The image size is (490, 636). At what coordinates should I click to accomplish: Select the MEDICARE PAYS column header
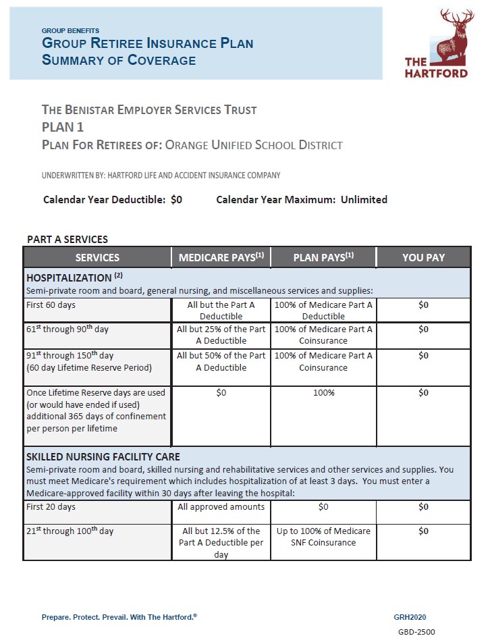(x=221, y=257)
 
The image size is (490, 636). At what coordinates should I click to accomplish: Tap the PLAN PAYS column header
(x=323, y=257)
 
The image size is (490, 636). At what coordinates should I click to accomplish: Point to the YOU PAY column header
(x=423, y=257)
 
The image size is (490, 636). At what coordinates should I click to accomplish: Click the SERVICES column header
(x=97, y=257)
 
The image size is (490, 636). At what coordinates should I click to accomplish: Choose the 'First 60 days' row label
(x=51, y=305)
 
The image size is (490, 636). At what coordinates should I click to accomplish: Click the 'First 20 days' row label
(x=51, y=507)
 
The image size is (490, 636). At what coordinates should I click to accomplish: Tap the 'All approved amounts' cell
(x=221, y=507)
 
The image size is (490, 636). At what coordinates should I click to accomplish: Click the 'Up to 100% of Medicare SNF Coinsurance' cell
(x=323, y=537)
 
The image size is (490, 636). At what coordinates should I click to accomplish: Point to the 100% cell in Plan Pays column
(x=323, y=393)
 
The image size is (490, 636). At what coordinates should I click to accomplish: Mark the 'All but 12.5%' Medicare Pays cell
(x=221, y=542)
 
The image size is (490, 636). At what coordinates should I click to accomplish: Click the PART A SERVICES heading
(x=67, y=239)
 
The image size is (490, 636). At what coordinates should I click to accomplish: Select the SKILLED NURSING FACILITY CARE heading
(x=103, y=456)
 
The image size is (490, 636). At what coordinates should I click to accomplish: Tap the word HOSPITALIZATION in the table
(x=69, y=277)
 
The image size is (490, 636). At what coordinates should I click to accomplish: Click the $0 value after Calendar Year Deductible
(x=176, y=200)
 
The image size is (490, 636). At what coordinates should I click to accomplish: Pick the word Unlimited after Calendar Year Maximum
(x=364, y=200)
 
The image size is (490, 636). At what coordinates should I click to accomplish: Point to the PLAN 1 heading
(x=63, y=127)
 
